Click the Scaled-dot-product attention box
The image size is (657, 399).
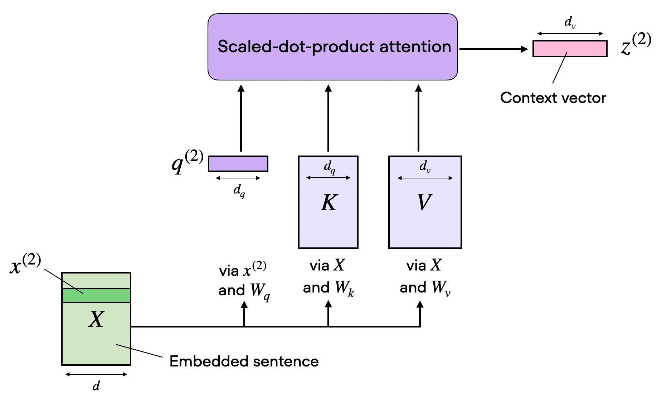click(x=332, y=47)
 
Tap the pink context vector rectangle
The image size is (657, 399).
click(x=570, y=49)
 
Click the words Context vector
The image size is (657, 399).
click(x=553, y=98)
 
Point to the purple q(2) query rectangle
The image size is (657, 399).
click(x=238, y=164)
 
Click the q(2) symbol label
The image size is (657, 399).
click(x=187, y=162)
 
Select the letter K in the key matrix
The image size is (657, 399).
click(x=328, y=203)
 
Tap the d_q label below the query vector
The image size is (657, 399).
click(x=239, y=191)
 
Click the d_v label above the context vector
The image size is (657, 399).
click(x=570, y=22)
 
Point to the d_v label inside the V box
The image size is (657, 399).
click(x=425, y=167)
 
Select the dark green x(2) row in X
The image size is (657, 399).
click(x=96, y=296)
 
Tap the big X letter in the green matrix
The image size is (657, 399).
click(x=96, y=319)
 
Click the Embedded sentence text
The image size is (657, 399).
click(x=244, y=361)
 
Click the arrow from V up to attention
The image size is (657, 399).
click(x=419, y=118)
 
